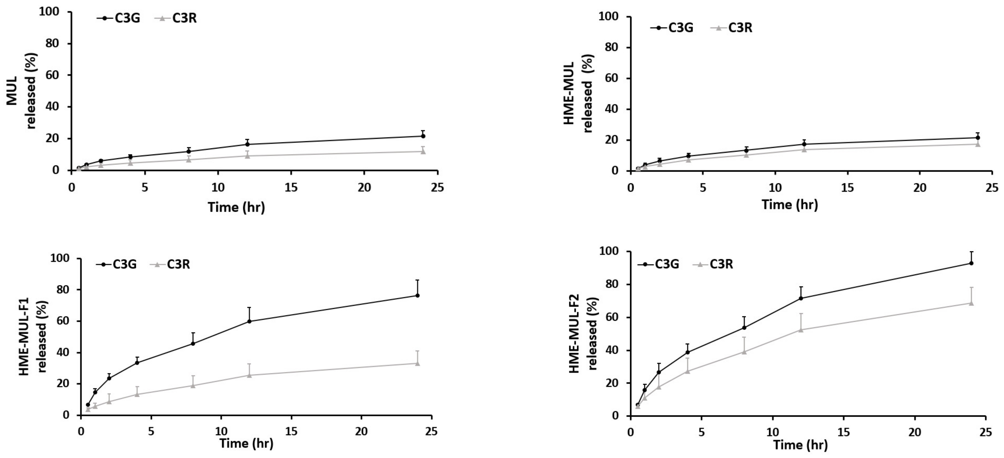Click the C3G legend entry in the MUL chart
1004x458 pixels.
coord(119,18)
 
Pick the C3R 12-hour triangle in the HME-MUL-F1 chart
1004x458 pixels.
coord(249,375)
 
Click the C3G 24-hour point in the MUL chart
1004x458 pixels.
coord(423,136)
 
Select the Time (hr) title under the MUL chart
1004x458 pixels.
coord(236,207)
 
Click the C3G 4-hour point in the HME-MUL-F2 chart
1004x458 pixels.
coord(687,352)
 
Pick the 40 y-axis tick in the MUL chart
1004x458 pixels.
coord(53,107)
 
